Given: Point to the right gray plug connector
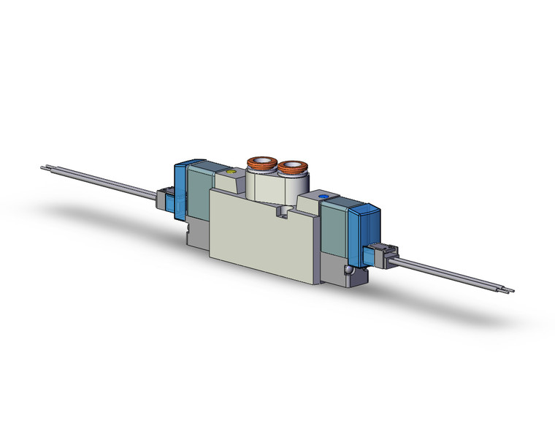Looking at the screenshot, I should coord(381,252).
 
